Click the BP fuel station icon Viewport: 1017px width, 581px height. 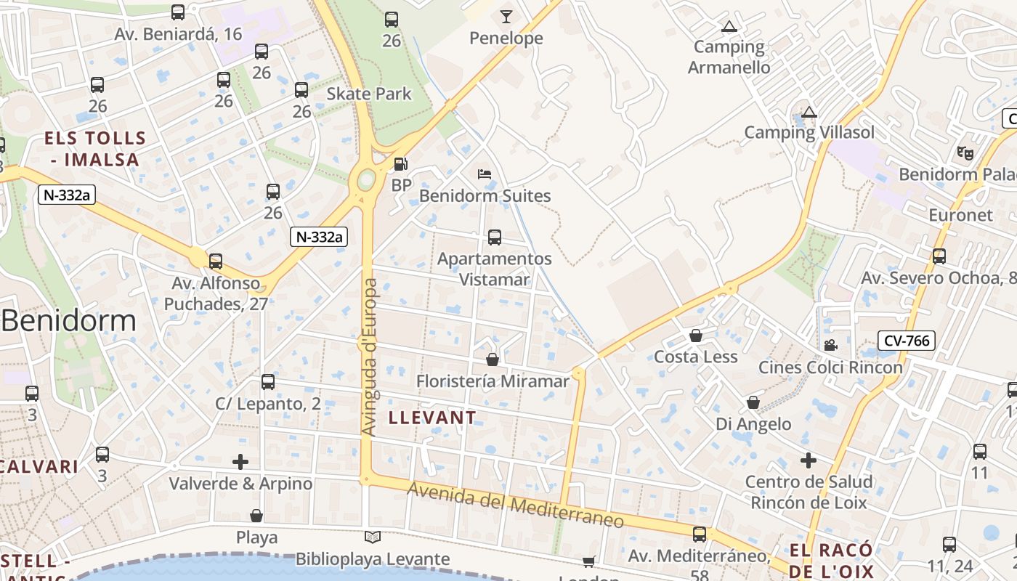[x=400, y=164]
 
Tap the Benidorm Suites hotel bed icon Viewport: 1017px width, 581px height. [x=485, y=174]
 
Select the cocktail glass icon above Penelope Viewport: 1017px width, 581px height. [x=506, y=16]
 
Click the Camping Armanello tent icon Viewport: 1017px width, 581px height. [x=729, y=27]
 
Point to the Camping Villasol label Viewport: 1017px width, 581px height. [x=809, y=132]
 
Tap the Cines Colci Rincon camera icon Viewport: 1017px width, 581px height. [x=830, y=346]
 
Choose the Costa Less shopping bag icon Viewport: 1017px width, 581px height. [x=696, y=336]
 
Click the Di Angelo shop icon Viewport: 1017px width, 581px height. [x=753, y=402]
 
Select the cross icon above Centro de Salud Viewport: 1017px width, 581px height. [x=808, y=460]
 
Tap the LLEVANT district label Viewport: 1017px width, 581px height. [x=432, y=418]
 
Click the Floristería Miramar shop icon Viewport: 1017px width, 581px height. [x=493, y=359]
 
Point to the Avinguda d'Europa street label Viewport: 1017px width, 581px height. [x=370, y=357]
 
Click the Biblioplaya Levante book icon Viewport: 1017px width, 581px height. [x=372, y=537]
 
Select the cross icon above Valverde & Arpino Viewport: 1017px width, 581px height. [x=240, y=461]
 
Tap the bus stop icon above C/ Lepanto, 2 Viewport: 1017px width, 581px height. [x=268, y=382]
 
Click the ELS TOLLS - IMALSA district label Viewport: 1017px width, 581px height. [x=95, y=148]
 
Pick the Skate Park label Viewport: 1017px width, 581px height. [x=369, y=94]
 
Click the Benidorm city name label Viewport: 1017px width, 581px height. [x=68, y=320]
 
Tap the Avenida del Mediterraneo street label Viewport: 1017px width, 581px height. [x=516, y=505]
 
